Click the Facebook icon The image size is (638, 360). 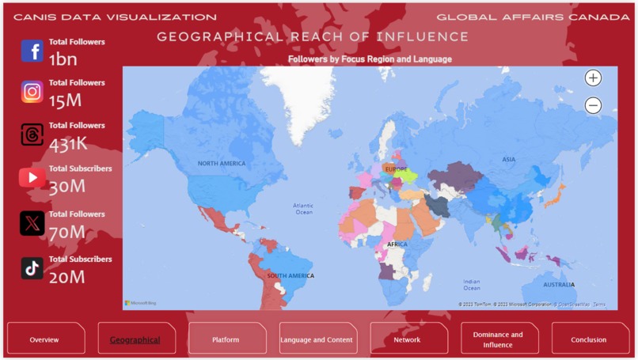pos(32,51)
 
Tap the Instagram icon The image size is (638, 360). pos(32,92)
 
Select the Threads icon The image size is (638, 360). pos(32,135)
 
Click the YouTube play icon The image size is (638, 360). pos(32,178)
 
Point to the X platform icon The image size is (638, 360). pos(32,224)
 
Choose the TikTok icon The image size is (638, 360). pos(32,268)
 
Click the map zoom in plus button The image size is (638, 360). pos(593,78)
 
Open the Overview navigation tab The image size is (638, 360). pos(45,339)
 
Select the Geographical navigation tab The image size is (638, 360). pos(135,339)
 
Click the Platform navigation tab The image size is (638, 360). pos(226,339)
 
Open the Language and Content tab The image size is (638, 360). pos(317,339)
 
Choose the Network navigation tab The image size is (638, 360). pos(407,339)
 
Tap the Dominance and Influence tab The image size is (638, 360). pos(498,339)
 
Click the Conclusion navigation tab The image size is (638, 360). pos(589,339)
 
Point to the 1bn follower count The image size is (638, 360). pos(63,59)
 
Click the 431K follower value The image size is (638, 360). pos(68,144)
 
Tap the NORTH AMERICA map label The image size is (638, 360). pos(222,164)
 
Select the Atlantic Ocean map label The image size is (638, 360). pos(304,208)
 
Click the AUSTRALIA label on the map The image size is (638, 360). pos(559,285)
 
